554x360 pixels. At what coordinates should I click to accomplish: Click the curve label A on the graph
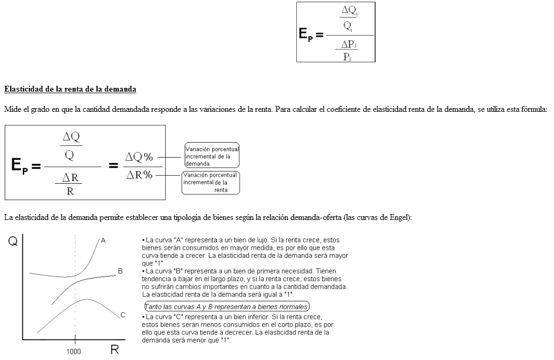click(103, 241)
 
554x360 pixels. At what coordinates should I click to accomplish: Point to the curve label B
click(120, 271)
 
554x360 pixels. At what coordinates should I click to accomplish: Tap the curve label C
click(123, 315)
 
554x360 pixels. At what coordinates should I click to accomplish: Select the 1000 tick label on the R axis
click(74, 352)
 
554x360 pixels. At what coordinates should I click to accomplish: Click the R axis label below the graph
click(114, 350)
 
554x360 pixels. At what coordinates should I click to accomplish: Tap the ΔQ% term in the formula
click(138, 157)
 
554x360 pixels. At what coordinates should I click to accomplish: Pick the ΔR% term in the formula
click(139, 174)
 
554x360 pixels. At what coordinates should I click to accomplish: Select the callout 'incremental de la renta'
click(210, 183)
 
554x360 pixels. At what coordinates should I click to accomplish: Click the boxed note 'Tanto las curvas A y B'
click(227, 307)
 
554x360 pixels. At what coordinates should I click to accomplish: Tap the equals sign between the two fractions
click(113, 166)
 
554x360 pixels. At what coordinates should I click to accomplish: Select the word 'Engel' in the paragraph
click(400, 217)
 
